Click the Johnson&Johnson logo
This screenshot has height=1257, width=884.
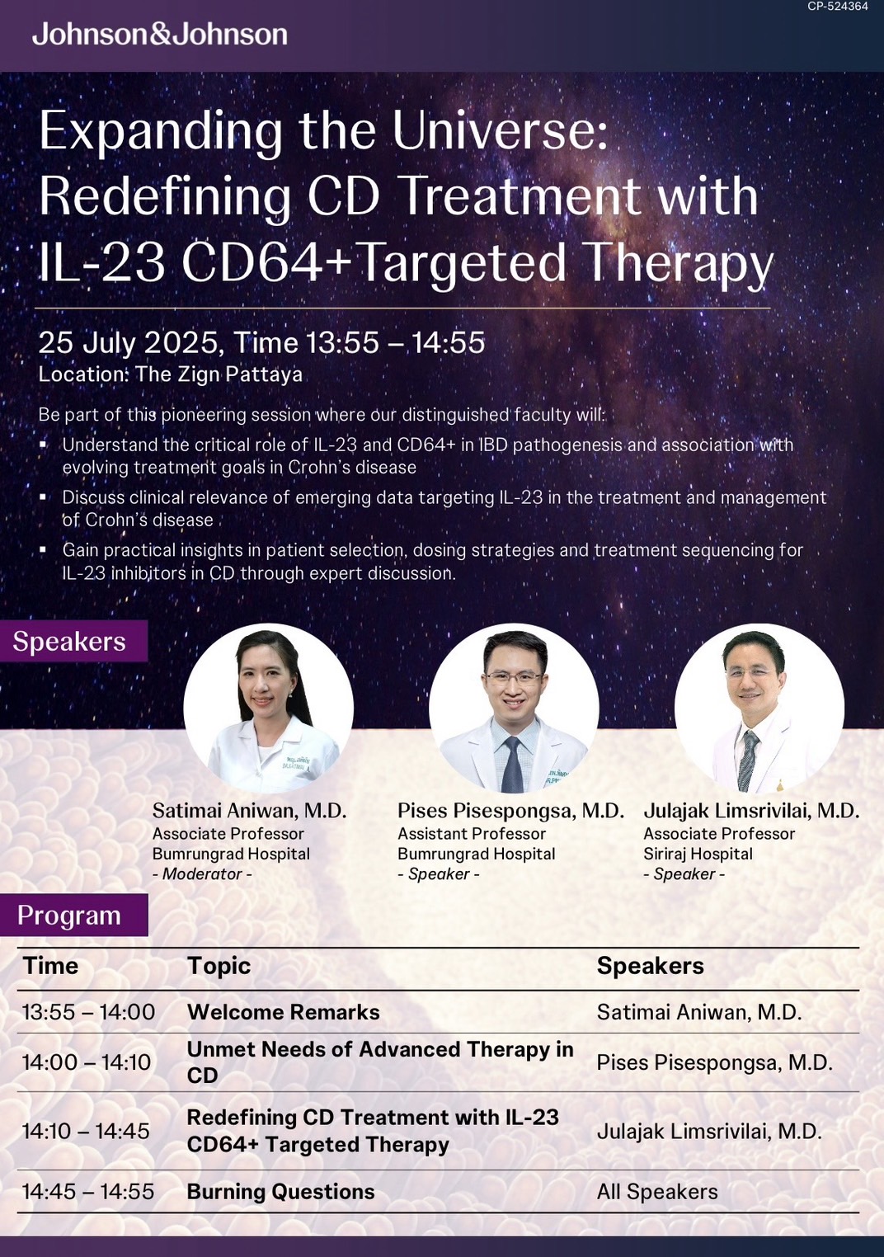click(x=160, y=35)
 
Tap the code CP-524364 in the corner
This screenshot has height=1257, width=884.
click(x=838, y=6)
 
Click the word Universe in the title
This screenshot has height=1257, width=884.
click(x=500, y=131)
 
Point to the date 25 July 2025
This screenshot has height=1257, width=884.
click(x=128, y=342)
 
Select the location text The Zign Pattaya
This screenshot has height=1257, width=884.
click(x=219, y=374)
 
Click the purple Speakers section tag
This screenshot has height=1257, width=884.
click(x=73, y=641)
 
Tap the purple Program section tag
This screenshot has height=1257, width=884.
click(x=74, y=916)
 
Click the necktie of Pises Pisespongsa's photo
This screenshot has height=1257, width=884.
click(x=512, y=765)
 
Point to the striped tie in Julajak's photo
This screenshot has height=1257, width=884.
click(x=747, y=761)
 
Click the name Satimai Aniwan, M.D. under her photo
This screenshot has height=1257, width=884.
click(x=250, y=810)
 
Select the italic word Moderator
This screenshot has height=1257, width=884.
click(x=202, y=873)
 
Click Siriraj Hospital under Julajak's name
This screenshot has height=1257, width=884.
click(x=698, y=854)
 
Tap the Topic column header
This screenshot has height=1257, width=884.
click(x=219, y=966)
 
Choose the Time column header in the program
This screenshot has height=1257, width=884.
click(x=50, y=966)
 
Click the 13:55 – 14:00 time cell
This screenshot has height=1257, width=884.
click(x=88, y=1012)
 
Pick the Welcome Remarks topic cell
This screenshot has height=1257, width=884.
click(x=284, y=1012)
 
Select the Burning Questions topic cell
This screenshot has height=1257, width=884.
click(x=280, y=1191)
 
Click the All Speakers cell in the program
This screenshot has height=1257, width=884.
click(x=657, y=1191)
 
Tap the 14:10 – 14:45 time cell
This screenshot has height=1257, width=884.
click(x=86, y=1131)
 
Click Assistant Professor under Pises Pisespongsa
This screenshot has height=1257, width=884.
click(x=472, y=833)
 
